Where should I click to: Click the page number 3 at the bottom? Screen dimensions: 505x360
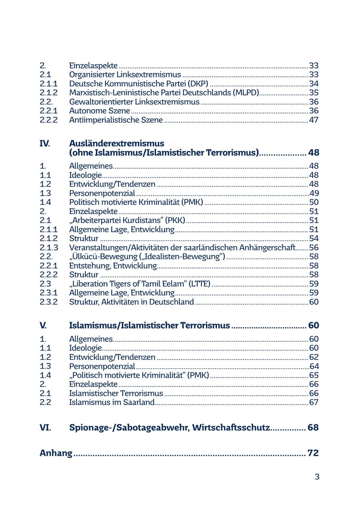point(317,477)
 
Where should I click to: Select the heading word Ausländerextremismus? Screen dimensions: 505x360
point(116,143)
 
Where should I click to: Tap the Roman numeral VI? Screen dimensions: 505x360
point(45,427)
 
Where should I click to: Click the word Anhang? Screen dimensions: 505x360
point(56,453)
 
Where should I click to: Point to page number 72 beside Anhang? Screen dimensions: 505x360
point(313,453)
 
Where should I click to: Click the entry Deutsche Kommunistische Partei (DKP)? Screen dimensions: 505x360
point(138,84)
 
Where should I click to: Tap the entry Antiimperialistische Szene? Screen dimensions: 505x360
point(116,120)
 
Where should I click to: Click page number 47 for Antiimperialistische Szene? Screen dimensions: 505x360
point(314,120)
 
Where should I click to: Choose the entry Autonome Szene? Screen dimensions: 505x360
point(100,110)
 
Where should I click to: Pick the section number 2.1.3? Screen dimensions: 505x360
point(48,248)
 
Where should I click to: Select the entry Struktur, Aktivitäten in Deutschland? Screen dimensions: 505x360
point(132,302)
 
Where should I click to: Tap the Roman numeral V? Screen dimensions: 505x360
point(43,325)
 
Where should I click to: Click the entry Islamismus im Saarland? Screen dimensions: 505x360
point(112,402)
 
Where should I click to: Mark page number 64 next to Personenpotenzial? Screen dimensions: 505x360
point(314,366)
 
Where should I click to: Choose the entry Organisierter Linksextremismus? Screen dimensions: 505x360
point(125,74)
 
